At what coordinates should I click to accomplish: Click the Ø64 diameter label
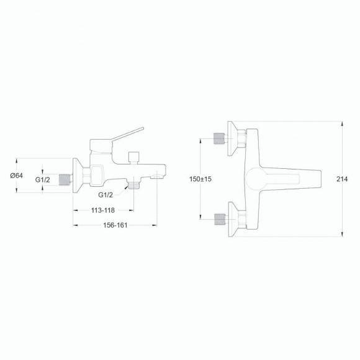pyautogui.click(x=17, y=176)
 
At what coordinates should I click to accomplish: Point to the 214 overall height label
pyautogui.click(x=341, y=179)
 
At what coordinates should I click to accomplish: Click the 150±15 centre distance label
pyautogui.click(x=201, y=179)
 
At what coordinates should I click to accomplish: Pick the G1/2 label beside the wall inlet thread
pyautogui.click(x=42, y=180)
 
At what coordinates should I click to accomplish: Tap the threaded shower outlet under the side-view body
pyautogui.click(x=134, y=184)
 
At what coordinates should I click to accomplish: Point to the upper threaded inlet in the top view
pyautogui.click(x=218, y=138)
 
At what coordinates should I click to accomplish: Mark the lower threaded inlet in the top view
pyautogui.click(x=218, y=218)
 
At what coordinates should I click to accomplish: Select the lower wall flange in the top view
pyautogui.click(x=233, y=218)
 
